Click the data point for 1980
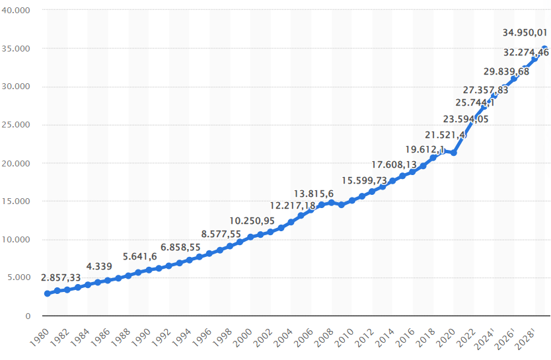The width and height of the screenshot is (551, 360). pos(47,293)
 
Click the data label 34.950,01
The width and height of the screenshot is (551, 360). pos(525,33)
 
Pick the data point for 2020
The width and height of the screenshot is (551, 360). pos(453,153)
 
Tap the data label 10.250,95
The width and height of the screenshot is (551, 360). pos(252,221)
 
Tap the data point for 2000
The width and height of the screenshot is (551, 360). pos(250,237)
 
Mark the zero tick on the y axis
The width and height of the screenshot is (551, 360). pos(28,316)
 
